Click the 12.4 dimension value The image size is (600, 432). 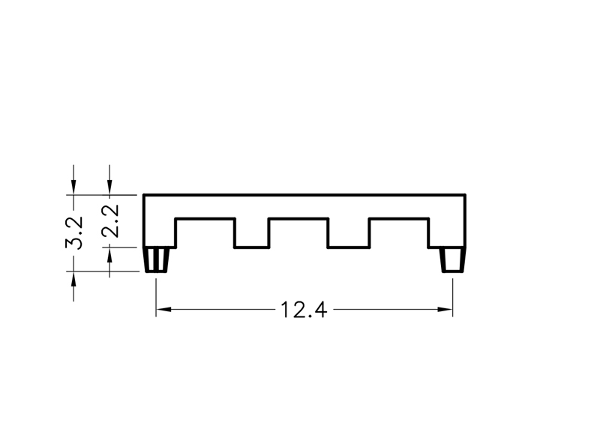pyautogui.click(x=304, y=310)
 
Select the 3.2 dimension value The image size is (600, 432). pyautogui.click(x=74, y=233)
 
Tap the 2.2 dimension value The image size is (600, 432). pyautogui.click(x=110, y=221)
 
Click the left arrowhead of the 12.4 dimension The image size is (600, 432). pyautogui.click(x=163, y=309)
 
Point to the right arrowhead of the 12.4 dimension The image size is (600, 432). pyautogui.click(x=445, y=309)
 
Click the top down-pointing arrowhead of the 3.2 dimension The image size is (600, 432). pyautogui.click(x=73, y=187)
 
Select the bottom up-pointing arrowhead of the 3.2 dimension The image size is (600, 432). pyautogui.click(x=73, y=279)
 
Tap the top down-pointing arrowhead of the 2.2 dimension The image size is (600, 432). pyautogui.click(x=109, y=187)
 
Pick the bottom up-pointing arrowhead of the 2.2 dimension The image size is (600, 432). pyautogui.click(x=109, y=255)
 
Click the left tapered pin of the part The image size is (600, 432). pyautogui.click(x=156, y=259)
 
